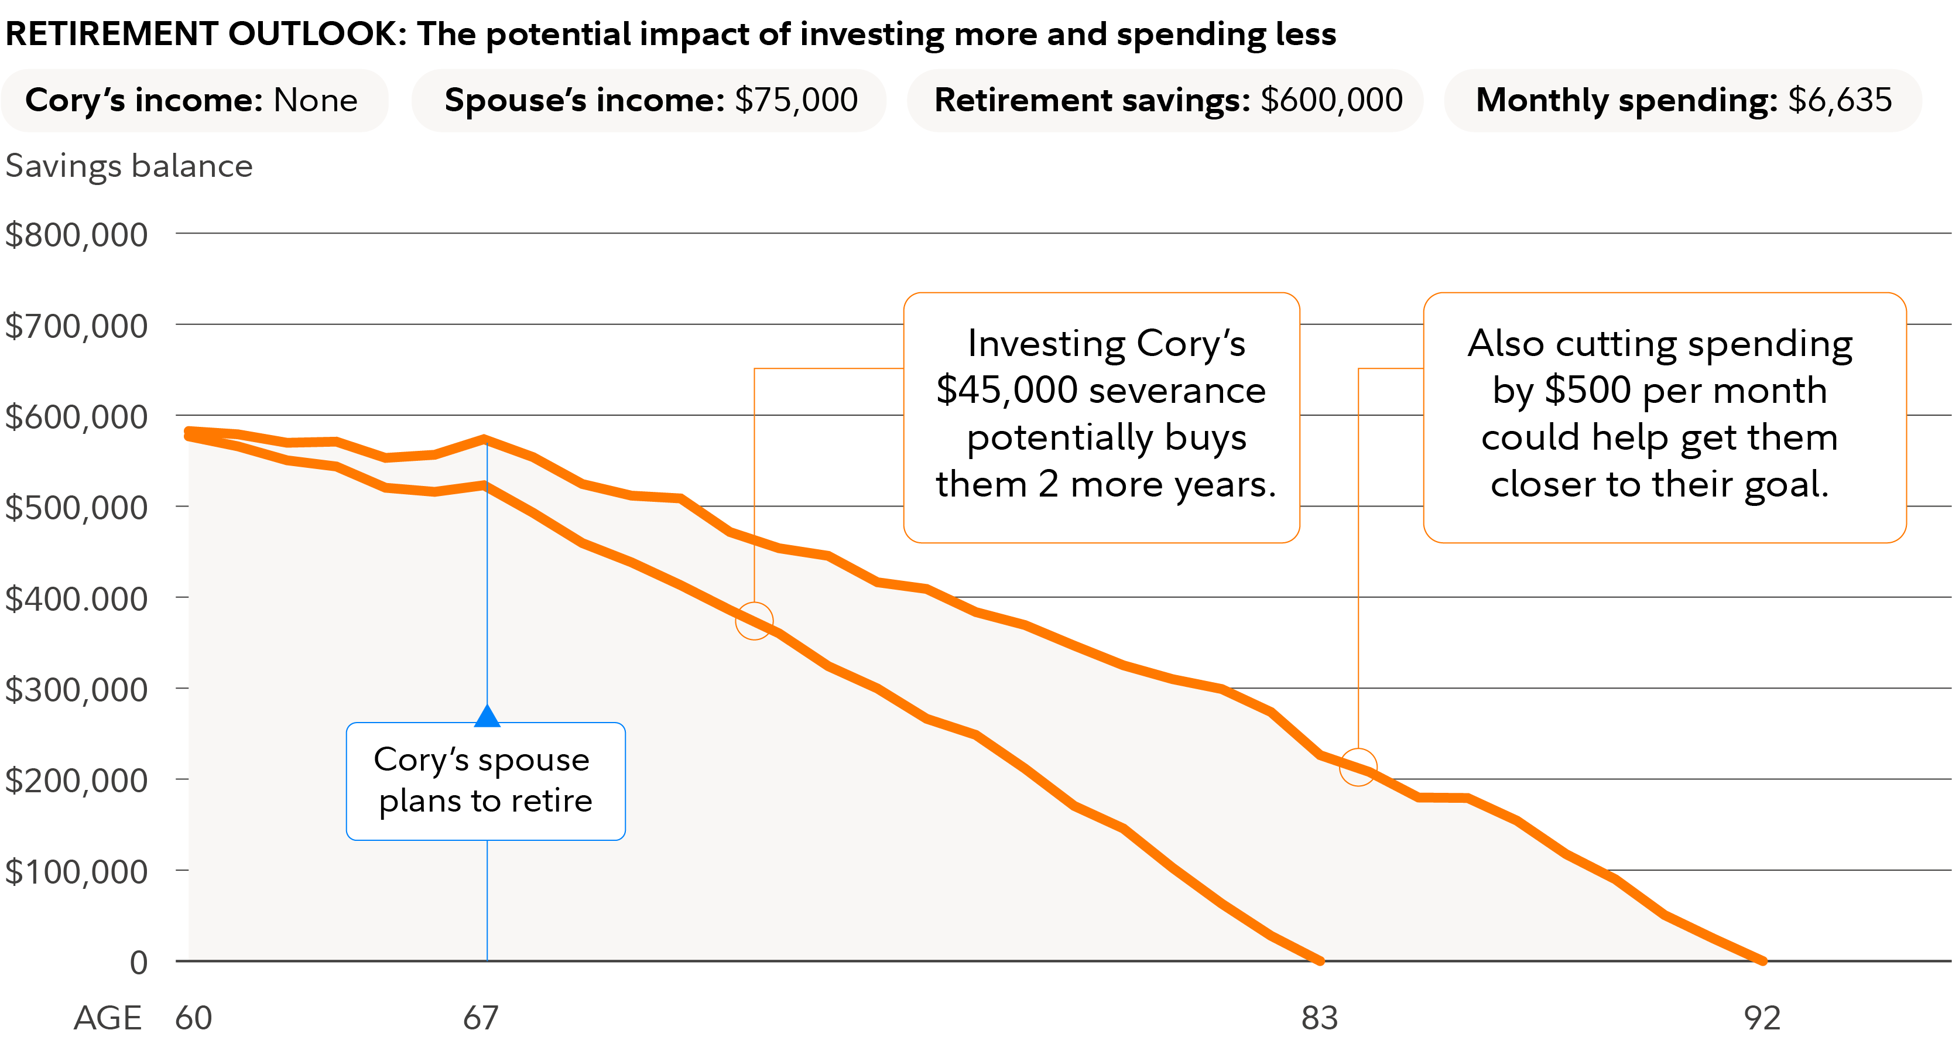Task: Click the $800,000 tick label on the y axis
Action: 77,235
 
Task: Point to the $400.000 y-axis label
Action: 77,598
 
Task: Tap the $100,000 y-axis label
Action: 77,871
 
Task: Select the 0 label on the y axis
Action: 139,962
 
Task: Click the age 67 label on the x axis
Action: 481,1018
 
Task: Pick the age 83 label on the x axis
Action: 1319,1018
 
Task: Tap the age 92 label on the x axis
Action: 1762,1018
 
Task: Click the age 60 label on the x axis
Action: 193,1018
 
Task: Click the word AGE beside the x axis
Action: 108,1018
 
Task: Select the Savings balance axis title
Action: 129,166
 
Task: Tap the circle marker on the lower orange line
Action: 754,621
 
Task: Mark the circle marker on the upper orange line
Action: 1358,767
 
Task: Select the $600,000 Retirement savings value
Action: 1331,100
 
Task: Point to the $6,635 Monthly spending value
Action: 1840,100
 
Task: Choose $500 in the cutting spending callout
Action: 1587,390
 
